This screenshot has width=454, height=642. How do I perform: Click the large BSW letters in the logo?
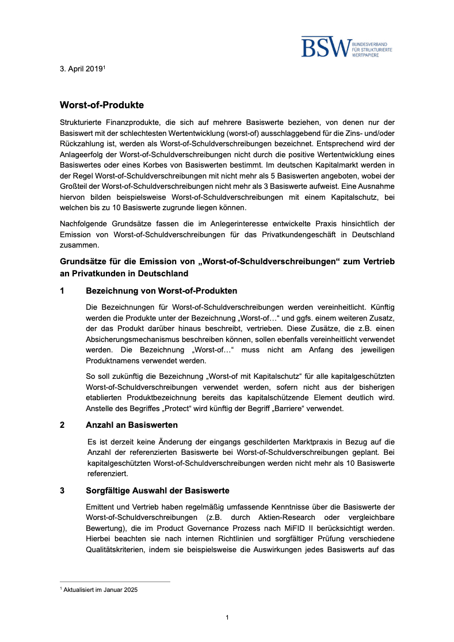(326, 47)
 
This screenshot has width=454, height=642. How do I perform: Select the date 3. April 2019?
(81, 69)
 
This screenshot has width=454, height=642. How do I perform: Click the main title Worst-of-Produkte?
(102, 105)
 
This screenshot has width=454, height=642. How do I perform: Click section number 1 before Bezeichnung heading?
(62, 291)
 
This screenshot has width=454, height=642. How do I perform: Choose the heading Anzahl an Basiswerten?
(132, 425)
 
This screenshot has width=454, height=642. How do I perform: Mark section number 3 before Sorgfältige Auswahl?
(62, 491)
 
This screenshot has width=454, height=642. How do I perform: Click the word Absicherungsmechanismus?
(131, 339)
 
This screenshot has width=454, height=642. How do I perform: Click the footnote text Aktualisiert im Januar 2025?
(100, 590)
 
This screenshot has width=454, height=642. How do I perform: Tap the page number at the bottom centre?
(227, 618)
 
